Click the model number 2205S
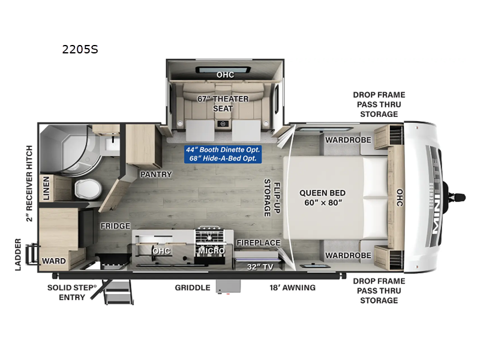tap(80, 50)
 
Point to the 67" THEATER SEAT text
tap(223, 103)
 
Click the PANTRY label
tap(156, 175)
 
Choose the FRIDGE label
tap(116, 226)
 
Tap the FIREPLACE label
tap(258, 242)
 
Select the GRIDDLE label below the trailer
tap(193, 287)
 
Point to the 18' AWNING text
tap(292, 287)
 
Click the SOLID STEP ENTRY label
tap(72, 292)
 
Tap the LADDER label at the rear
tap(19, 254)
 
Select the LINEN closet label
tap(46, 188)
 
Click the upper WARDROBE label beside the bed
tap(348, 140)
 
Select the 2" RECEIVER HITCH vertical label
tap(29, 183)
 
